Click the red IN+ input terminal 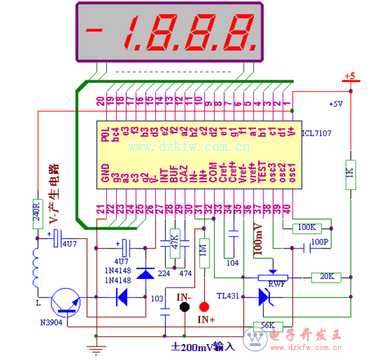click(204, 306)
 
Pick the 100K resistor click(306, 227)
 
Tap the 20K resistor click(326, 277)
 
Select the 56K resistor click(267, 326)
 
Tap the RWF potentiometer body click(273, 277)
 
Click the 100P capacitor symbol click(299, 243)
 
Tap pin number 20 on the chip click(100, 100)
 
